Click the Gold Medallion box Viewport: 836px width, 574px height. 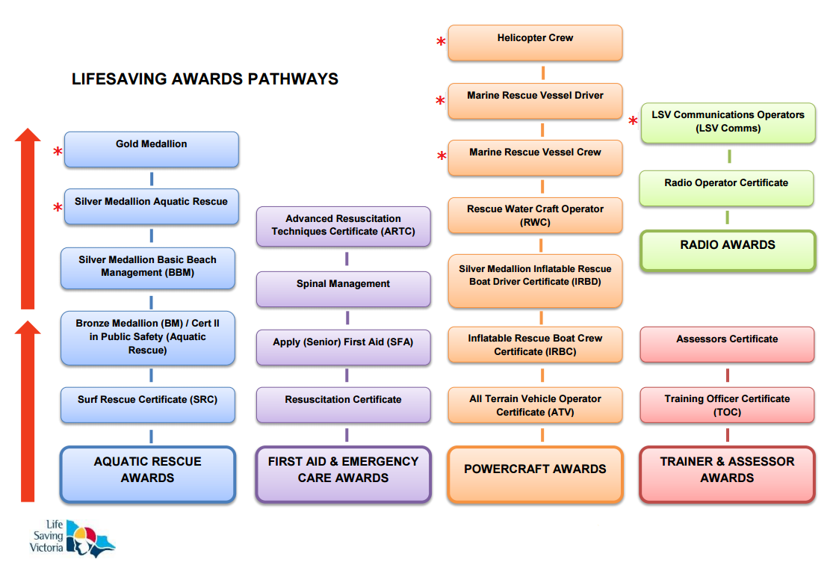[x=152, y=149]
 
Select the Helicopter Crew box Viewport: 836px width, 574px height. [x=536, y=43]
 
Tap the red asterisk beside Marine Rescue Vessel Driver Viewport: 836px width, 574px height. [x=440, y=100]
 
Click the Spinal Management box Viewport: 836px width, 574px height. [x=344, y=289]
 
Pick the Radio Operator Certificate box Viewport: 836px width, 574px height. [x=727, y=188]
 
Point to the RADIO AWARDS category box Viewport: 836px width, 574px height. [x=728, y=250]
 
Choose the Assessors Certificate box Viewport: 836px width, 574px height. [x=727, y=345]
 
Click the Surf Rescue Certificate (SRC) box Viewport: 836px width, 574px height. [x=148, y=405]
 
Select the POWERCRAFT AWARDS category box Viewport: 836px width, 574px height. [x=536, y=475]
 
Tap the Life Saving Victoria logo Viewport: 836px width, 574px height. [x=72, y=537]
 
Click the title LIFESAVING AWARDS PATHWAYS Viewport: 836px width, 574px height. [x=205, y=79]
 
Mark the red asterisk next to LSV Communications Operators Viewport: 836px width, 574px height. [x=633, y=120]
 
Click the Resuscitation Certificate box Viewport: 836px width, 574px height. [x=344, y=405]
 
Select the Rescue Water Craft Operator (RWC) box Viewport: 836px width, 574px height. [x=536, y=215]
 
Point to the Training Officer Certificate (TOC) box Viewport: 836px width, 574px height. [x=727, y=405]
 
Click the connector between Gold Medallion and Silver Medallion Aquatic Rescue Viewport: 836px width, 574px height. [x=152, y=178]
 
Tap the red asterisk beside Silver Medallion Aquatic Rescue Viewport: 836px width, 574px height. [x=58, y=208]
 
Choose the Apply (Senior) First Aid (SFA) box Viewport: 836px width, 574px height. [x=344, y=348]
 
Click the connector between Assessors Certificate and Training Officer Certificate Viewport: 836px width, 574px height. [x=727, y=375]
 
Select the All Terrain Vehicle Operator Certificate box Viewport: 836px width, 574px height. [x=536, y=405]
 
